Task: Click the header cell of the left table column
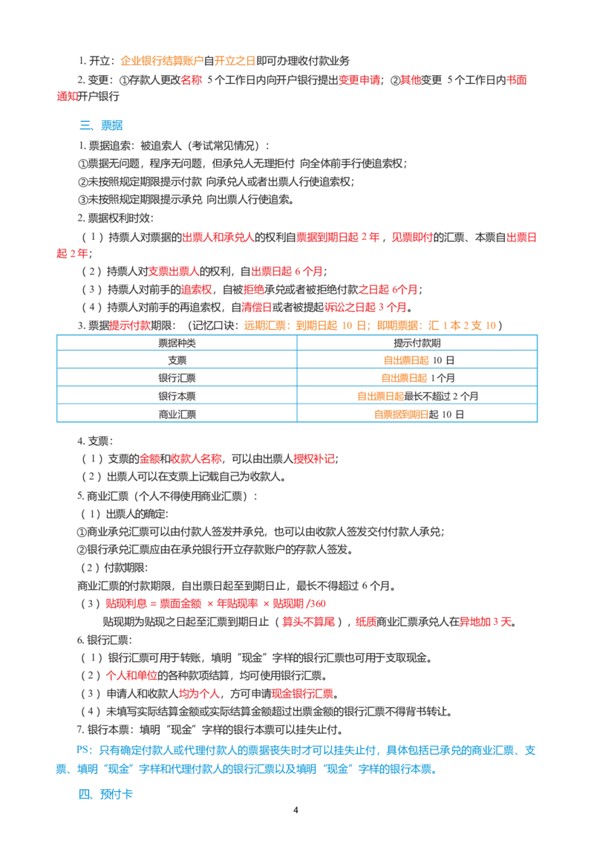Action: (x=175, y=343)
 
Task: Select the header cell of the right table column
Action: (x=417, y=343)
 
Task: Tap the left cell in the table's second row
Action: (x=175, y=360)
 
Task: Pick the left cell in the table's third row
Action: (x=175, y=378)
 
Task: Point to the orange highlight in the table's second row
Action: (x=405, y=360)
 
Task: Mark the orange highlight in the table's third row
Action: (x=405, y=378)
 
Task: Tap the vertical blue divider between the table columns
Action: (x=297, y=379)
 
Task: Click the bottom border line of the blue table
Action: (x=297, y=426)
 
